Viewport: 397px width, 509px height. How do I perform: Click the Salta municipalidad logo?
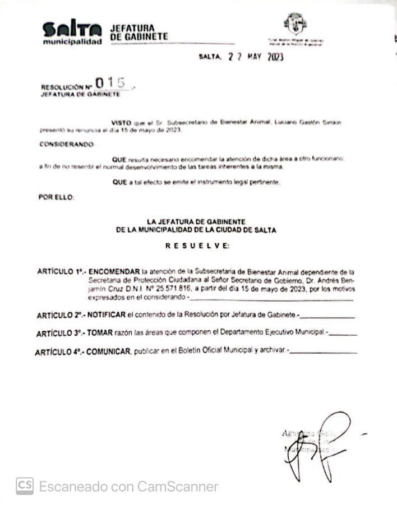coord(72,33)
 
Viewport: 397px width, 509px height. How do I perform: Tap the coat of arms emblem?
coord(295,25)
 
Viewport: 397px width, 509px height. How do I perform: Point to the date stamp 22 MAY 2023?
coord(255,57)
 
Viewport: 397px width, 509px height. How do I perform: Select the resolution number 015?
coord(110,83)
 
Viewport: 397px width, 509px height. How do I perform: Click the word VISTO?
coord(121,122)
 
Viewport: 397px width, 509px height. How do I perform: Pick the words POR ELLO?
coord(56,197)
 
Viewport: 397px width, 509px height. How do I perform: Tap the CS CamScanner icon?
coord(24,485)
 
